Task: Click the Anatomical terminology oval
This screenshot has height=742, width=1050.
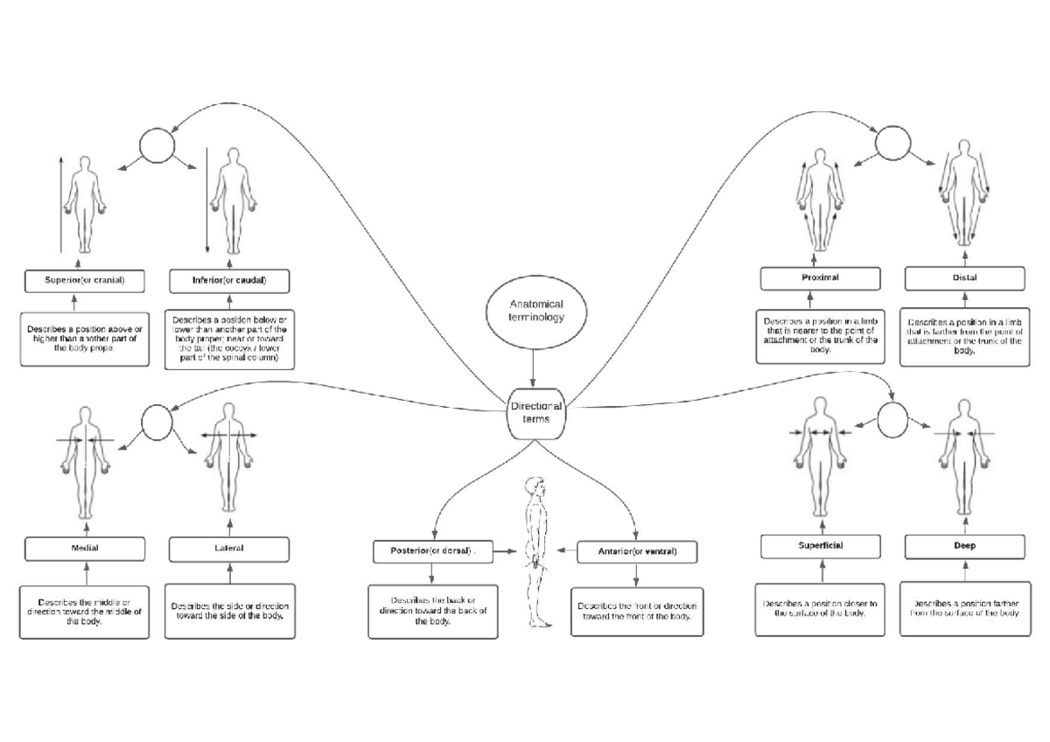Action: (x=532, y=309)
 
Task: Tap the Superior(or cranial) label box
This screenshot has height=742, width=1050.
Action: (x=86, y=281)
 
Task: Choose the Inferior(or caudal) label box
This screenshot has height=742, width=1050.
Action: (x=228, y=281)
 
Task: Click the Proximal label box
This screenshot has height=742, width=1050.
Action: (x=820, y=278)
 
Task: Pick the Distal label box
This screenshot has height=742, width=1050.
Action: (x=965, y=278)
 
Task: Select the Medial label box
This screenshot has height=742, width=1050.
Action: (x=85, y=549)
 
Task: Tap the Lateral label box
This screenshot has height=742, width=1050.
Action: (x=228, y=549)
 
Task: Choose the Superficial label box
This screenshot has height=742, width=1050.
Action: (x=820, y=546)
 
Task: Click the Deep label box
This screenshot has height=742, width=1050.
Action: (x=964, y=546)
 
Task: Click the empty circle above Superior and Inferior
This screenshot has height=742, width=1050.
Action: (x=158, y=145)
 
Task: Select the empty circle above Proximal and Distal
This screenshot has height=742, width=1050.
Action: (x=895, y=142)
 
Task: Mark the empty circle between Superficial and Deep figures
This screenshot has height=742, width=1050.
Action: (x=894, y=419)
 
